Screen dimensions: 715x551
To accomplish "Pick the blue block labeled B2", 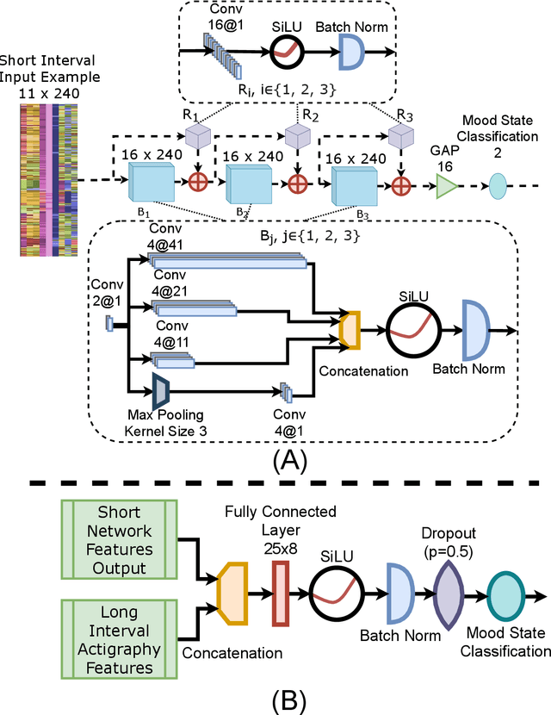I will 248,184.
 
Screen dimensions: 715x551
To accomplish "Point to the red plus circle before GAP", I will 399,183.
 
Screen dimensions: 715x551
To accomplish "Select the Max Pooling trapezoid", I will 161,390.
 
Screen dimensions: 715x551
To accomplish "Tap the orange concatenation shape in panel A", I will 350,329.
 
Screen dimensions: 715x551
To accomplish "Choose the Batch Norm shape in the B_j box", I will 474,329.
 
